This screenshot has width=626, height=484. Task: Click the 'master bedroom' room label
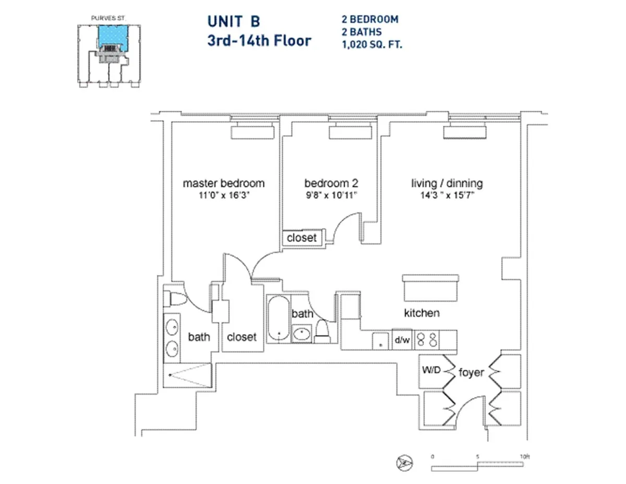pyautogui.click(x=223, y=183)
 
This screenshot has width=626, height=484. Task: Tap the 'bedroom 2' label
pyautogui.click(x=331, y=183)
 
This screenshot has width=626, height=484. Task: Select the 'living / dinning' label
pyautogui.click(x=447, y=183)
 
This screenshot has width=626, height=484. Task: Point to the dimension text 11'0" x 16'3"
pyautogui.click(x=223, y=196)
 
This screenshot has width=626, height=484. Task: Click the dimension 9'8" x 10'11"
pyautogui.click(x=331, y=196)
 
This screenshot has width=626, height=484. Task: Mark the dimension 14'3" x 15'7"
pyautogui.click(x=447, y=196)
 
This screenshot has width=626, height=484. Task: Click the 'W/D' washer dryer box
pyautogui.click(x=431, y=371)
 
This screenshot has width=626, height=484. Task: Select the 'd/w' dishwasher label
pyautogui.click(x=402, y=340)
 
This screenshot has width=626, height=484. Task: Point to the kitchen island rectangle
pyautogui.click(x=431, y=287)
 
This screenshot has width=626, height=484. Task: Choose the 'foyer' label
pyautogui.click(x=471, y=373)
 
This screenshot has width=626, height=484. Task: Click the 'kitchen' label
pyautogui.click(x=422, y=313)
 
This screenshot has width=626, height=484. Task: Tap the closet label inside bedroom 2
pyautogui.click(x=302, y=238)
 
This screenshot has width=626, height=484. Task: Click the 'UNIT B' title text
pyautogui.click(x=233, y=21)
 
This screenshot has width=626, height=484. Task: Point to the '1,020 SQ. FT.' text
pyautogui.click(x=371, y=45)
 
